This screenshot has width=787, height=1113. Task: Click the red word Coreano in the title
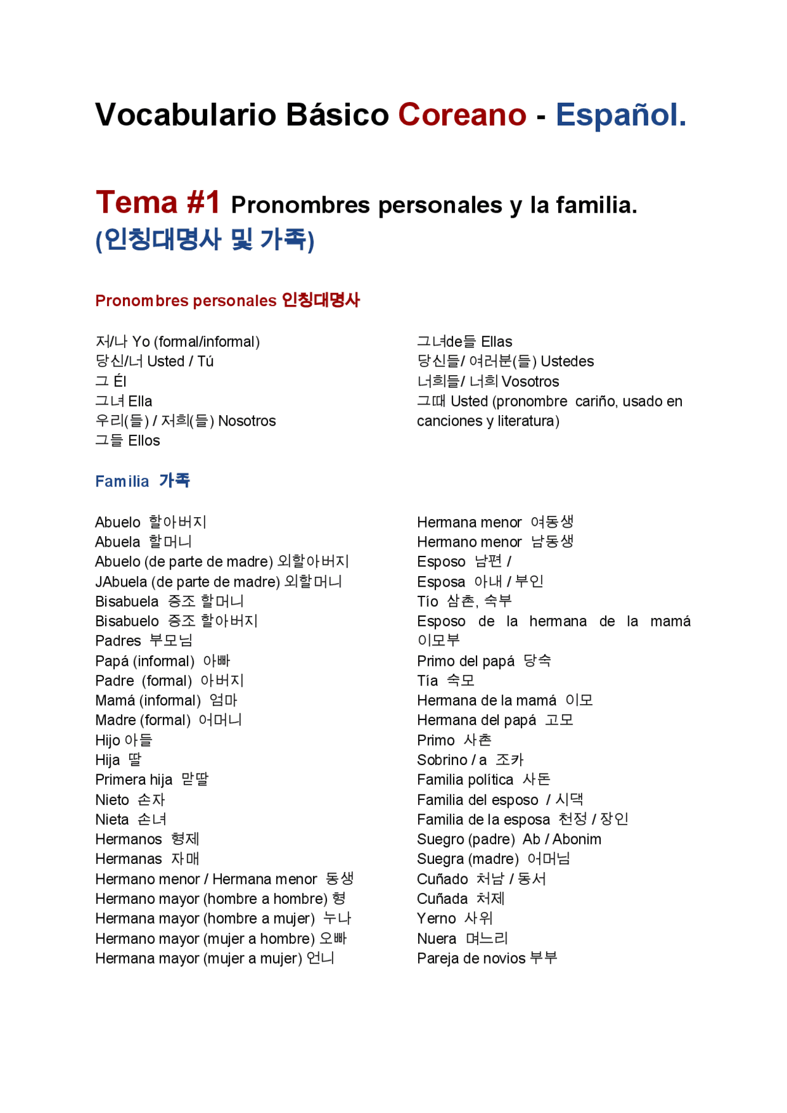point(462,115)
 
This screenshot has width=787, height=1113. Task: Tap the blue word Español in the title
point(620,115)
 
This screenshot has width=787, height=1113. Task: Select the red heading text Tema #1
point(157,202)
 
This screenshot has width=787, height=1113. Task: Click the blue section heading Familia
point(122,481)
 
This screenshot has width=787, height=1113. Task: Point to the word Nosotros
point(247,421)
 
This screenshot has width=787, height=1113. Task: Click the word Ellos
point(144,441)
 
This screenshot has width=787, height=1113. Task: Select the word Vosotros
point(530,382)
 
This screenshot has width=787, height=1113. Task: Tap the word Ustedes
point(567,362)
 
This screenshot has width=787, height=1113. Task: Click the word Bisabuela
point(127,601)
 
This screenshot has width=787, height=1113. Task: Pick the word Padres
point(118,641)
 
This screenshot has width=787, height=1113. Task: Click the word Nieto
point(112,800)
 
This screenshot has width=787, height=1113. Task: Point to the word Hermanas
point(129,859)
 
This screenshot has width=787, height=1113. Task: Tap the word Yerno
point(436,919)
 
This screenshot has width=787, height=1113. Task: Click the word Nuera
point(437,939)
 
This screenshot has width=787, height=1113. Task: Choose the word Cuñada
point(442,899)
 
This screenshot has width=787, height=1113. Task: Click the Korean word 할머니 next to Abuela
point(170,542)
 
